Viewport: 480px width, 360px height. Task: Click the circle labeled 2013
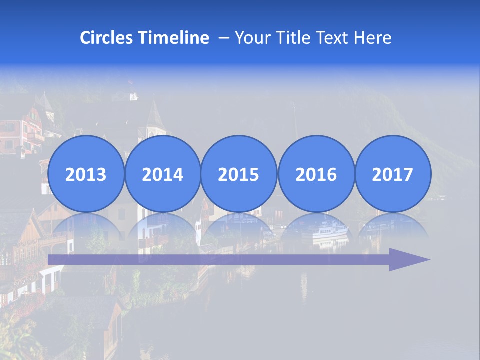pyautogui.click(x=86, y=174)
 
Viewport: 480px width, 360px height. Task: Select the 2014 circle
pyautogui.click(x=163, y=174)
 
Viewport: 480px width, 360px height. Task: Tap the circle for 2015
pyautogui.click(x=239, y=174)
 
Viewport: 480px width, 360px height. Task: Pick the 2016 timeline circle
pyautogui.click(x=316, y=174)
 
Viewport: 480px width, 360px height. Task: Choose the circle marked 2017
pyautogui.click(x=393, y=174)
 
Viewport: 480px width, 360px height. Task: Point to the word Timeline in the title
pyautogui.click(x=174, y=38)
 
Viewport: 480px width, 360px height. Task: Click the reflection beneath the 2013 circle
pyautogui.click(x=86, y=228)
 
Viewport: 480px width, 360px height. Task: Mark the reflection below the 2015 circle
pyautogui.click(x=239, y=227)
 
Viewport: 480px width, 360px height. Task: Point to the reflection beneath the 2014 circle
pyautogui.click(x=163, y=228)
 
